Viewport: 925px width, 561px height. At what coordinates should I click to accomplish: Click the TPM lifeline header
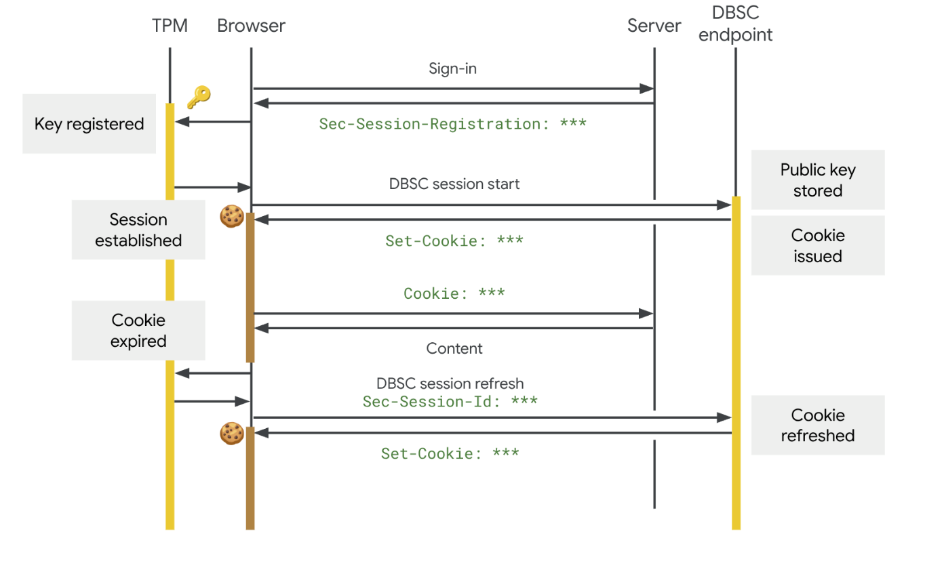pos(170,26)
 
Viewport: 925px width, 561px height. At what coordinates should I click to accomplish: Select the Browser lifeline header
pos(251,26)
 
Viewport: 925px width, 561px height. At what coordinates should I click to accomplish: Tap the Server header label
pos(654,26)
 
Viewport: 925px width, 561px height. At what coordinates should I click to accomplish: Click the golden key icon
pos(198,97)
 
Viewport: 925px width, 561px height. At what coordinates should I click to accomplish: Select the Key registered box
pos(89,124)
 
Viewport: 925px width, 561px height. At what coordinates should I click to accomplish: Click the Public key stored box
pos(817,180)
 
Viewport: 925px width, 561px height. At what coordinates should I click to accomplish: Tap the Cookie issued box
pos(817,245)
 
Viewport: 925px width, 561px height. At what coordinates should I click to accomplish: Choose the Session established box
pos(138,230)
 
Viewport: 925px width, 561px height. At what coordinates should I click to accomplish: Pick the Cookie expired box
pos(138,330)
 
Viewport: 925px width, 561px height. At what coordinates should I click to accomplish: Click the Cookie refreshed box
pos(817,425)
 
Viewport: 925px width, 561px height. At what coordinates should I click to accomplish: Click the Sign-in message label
pos(452,68)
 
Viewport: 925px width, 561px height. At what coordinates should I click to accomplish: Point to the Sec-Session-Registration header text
pos(452,124)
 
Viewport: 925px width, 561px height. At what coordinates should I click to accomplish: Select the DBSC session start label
pos(454,184)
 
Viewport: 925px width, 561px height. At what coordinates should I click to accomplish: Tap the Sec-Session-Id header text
pos(450,401)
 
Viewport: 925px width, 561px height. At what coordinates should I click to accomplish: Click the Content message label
pos(454,348)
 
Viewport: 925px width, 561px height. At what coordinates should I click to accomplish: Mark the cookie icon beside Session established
pos(231,216)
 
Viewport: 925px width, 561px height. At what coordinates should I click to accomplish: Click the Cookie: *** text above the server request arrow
pos(454,293)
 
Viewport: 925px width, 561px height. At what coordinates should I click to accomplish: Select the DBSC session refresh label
pos(450,383)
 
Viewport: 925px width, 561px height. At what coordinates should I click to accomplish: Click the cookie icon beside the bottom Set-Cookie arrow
pos(231,434)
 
